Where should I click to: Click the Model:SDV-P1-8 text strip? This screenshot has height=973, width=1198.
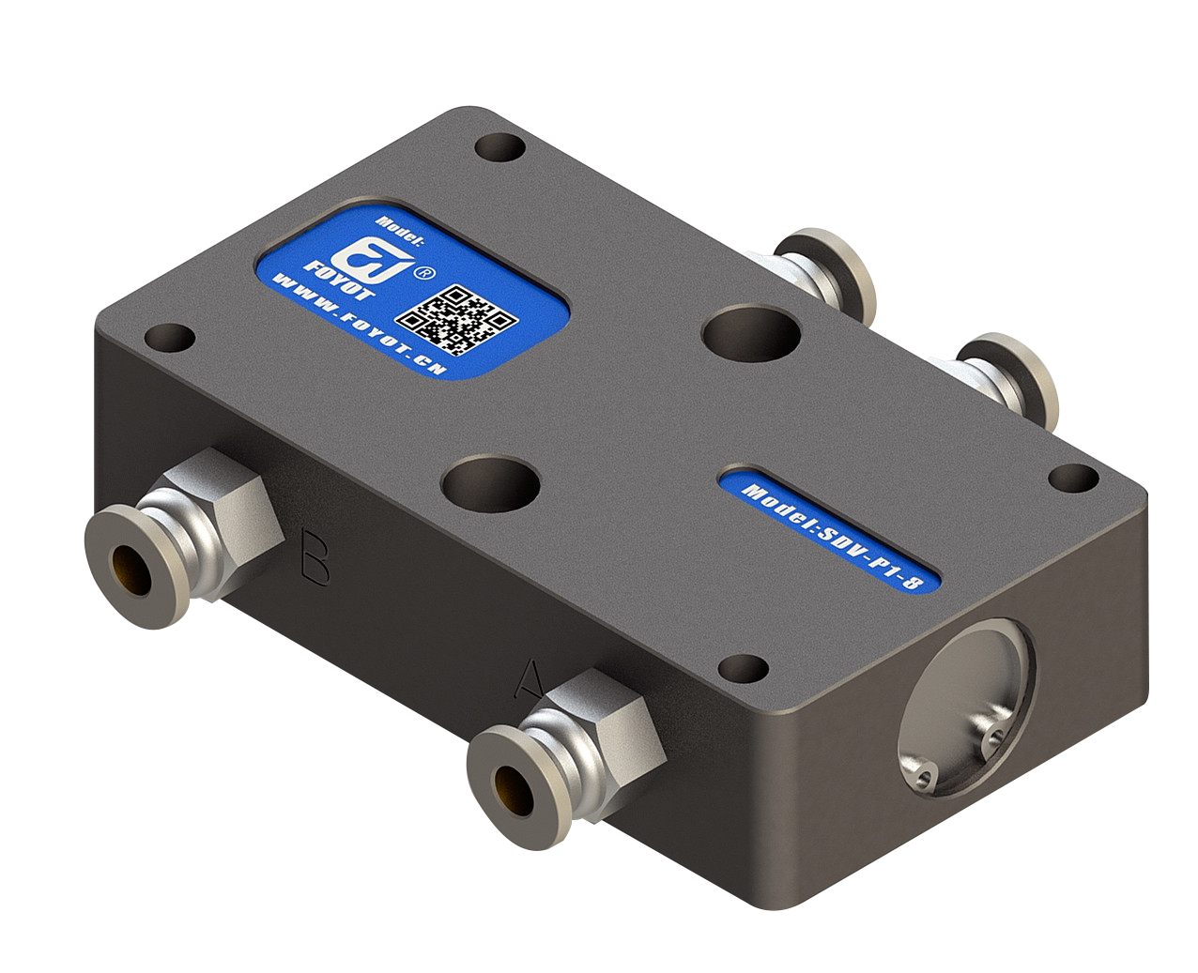point(833,540)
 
